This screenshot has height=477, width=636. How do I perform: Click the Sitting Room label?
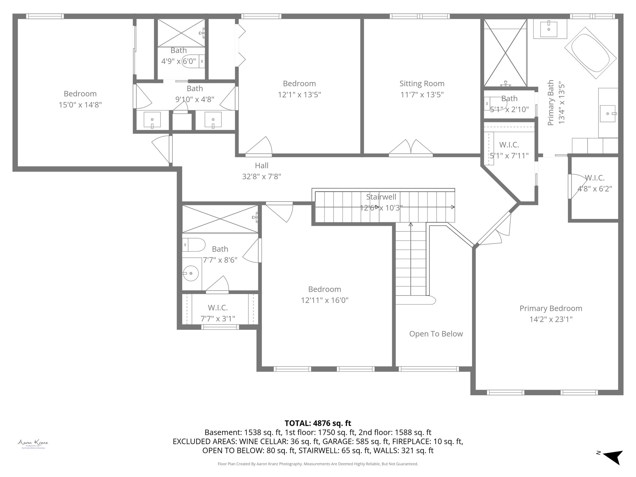pos(422,84)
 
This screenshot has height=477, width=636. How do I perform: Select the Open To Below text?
pos(436,334)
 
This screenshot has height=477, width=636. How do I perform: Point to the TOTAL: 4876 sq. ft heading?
pos(318,423)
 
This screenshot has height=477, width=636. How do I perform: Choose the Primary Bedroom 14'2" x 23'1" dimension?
pos(551,319)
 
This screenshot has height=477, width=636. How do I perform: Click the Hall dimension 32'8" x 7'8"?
pos(261,176)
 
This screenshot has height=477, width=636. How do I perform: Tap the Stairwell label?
pos(381,197)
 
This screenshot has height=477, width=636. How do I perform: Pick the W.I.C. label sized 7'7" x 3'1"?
pos(218,308)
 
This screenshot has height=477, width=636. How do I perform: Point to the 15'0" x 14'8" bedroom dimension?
pos(80,105)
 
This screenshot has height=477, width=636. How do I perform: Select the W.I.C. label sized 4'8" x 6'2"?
pos(594,178)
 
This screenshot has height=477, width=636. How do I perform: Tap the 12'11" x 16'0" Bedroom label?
pos(325,289)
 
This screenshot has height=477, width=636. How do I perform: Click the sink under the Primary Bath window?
pos(549,29)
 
